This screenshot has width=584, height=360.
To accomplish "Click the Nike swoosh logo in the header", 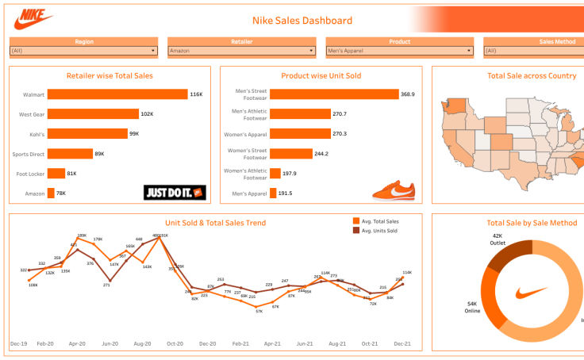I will [34, 17].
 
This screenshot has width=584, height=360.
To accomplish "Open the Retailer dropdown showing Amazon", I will [242, 51].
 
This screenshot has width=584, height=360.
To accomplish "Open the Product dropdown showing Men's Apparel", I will [400, 51].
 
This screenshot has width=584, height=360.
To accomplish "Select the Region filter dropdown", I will [83, 51].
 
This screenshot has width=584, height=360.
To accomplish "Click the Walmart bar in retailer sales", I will [117, 94].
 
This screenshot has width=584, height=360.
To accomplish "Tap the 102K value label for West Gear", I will [147, 114].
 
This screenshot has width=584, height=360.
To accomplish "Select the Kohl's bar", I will [87, 134].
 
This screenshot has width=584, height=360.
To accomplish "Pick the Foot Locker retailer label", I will [28, 174].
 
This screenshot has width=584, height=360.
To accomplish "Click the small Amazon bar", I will [51, 193].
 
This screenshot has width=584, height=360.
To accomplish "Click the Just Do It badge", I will [175, 192].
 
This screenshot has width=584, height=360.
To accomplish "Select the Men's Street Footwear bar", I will [333, 94].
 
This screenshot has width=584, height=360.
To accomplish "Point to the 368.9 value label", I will [408, 94].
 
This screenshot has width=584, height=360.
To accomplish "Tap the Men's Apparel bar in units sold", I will [273, 193].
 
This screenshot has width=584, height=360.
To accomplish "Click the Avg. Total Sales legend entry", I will [380, 221].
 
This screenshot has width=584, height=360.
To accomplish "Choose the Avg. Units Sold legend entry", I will [378, 231].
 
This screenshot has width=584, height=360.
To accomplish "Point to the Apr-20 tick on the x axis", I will [77, 344].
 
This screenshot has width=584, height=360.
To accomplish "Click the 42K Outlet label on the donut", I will [498, 239].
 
